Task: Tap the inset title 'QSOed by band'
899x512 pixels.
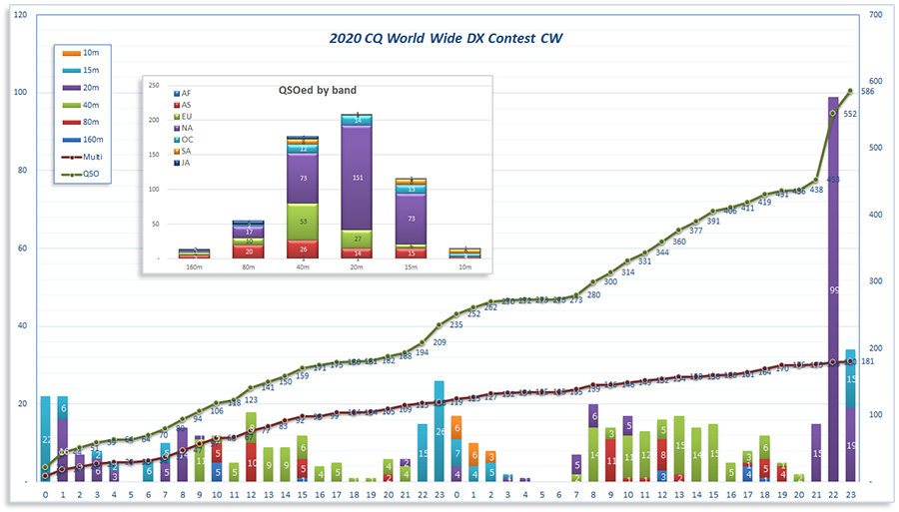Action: (x=317, y=90)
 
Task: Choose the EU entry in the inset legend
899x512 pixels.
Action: (x=183, y=116)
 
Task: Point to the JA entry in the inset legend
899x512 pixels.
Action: (x=183, y=163)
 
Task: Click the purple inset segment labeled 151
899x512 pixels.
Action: (x=357, y=179)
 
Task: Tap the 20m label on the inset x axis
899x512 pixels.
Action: (x=357, y=267)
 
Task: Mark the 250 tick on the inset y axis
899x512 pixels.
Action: (x=154, y=85)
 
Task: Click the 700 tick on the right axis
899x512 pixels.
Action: (x=877, y=15)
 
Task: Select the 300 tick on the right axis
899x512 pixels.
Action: (x=877, y=281)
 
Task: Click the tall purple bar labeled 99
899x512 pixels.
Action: (x=833, y=289)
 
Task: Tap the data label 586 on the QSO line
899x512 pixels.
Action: (x=868, y=91)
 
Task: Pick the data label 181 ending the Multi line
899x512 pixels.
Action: (x=868, y=361)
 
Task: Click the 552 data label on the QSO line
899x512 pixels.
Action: (x=850, y=114)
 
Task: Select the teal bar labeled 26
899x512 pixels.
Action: (x=440, y=430)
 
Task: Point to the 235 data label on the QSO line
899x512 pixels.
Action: (x=456, y=324)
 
